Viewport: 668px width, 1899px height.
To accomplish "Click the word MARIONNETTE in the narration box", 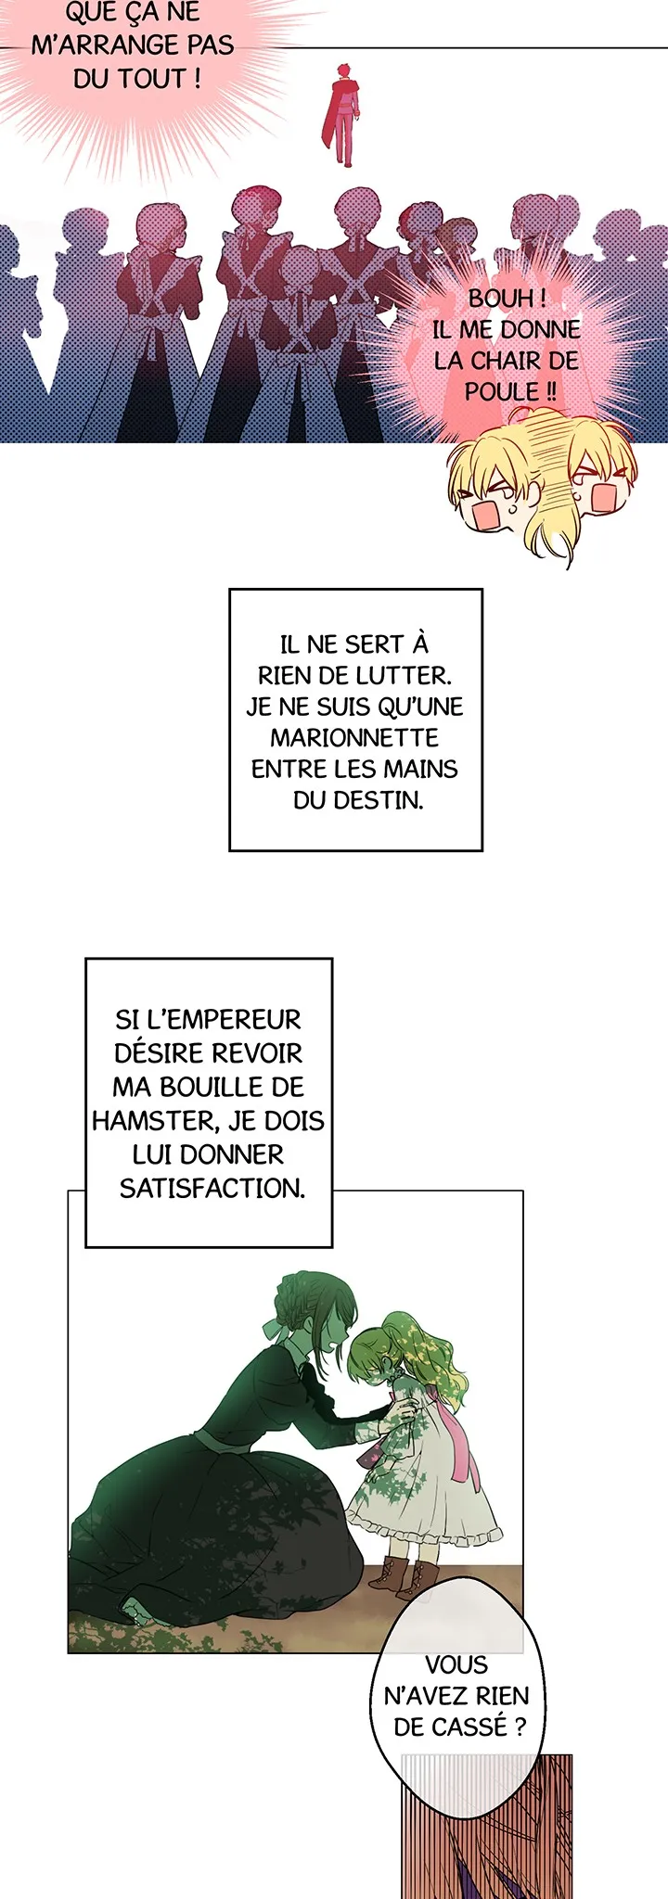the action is (x=354, y=738).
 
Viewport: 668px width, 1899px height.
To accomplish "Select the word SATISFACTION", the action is (x=212, y=1188).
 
